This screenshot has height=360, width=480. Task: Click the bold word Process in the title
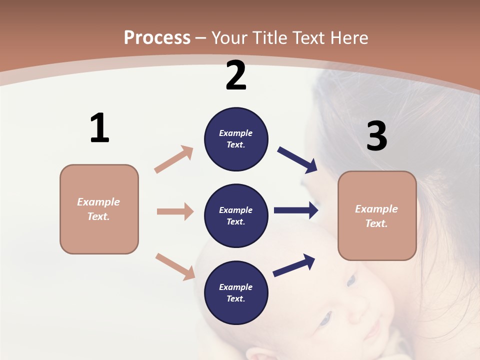(157, 37)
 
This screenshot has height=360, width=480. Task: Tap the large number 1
(99, 128)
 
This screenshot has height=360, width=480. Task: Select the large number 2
(236, 75)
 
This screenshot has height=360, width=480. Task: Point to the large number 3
(376, 136)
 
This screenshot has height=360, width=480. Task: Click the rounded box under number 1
(99, 209)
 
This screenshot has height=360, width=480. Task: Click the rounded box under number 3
(377, 215)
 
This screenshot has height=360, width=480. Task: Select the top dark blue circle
(236, 139)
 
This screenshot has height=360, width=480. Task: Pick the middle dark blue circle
(236, 215)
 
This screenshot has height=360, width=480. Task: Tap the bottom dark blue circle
(236, 292)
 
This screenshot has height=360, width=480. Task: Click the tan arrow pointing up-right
(174, 159)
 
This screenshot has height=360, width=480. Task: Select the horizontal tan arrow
(175, 211)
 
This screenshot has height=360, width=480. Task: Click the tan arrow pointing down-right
(175, 266)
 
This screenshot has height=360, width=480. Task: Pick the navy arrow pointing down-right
(297, 160)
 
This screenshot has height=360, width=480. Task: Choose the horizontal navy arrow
(296, 210)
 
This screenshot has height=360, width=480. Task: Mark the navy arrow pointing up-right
(294, 265)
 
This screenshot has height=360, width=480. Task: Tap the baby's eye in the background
(325, 317)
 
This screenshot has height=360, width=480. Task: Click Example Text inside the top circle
(236, 139)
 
